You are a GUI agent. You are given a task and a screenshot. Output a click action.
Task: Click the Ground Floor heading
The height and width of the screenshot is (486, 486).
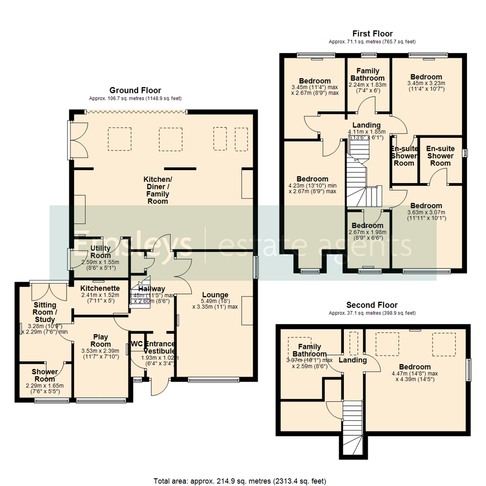click(x=135, y=90)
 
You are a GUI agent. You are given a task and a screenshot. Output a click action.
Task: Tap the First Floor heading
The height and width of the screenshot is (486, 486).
click(x=372, y=34)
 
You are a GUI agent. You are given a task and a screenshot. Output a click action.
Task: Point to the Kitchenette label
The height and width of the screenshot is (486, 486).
click(x=99, y=288)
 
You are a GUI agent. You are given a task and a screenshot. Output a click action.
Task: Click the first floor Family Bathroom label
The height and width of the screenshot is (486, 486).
click(x=368, y=75)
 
